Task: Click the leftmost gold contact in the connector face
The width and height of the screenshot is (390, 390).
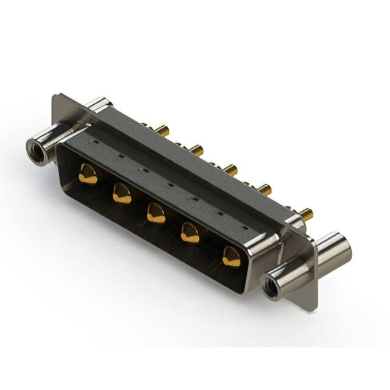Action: pos(88,174)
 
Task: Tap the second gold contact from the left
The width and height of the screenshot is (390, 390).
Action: pos(122,194)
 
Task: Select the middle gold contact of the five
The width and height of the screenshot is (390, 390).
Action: pos(156,213)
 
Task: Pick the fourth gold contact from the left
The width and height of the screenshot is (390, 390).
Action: pos(191,233)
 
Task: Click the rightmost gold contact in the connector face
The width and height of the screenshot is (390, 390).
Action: pos(231,257)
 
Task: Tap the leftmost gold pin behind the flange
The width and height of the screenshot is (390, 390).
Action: pos(161,130)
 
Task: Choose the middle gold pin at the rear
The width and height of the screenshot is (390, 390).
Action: pos(229,168)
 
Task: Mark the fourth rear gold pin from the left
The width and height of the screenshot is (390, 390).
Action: pos(263,190)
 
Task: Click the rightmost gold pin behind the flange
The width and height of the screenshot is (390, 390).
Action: pos(305,213)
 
